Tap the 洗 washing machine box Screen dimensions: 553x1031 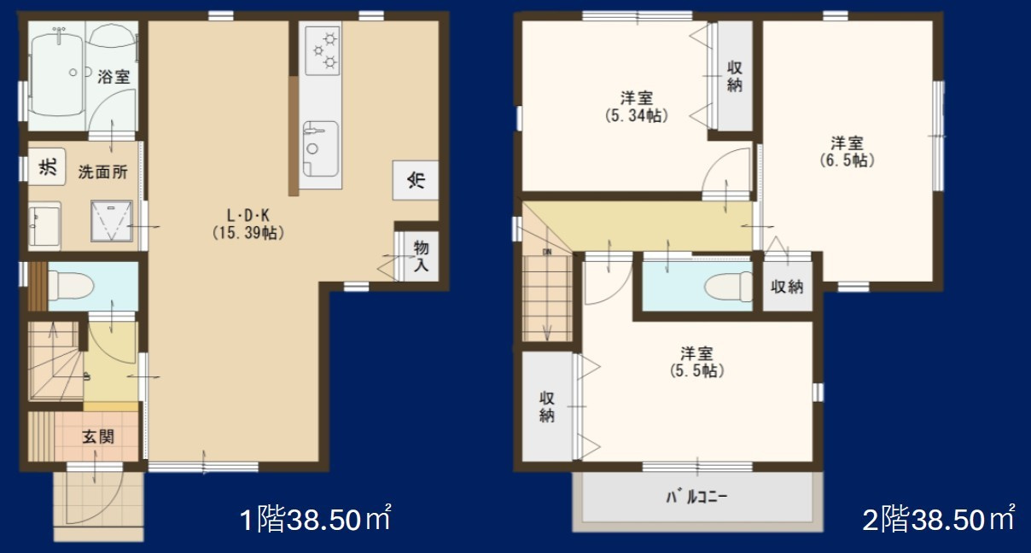coord(44,167)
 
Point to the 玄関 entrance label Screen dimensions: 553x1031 coord(98,438)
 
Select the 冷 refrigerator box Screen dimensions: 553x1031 coord(415,179)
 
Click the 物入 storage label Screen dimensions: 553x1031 coord(422,255)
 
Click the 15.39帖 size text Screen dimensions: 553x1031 coord(248,232)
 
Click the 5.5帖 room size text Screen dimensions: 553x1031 coord(696,371)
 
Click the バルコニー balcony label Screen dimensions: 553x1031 coord(697,496)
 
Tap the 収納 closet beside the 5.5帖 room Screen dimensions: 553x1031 coord(547,406)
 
